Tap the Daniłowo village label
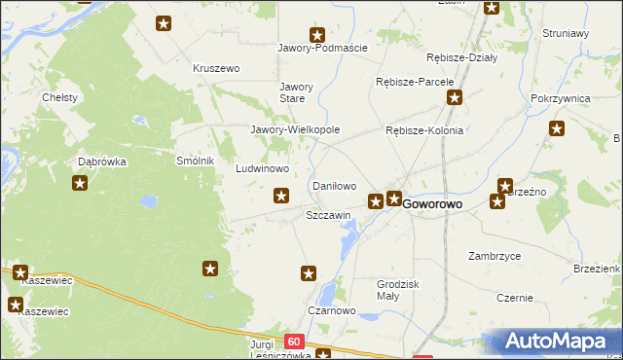pos(333,185)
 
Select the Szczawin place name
pos(328,215)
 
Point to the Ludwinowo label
pos(263,168)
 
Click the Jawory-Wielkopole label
pos(295,129)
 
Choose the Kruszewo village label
pos(216,68)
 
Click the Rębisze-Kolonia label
pos(424,130)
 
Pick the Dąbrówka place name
pos(102,162)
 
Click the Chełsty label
pos(59,97)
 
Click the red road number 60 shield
pos(295,342)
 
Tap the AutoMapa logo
pos(555,342)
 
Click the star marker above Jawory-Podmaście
pos(316,34)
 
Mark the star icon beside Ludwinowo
pos(281,197)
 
